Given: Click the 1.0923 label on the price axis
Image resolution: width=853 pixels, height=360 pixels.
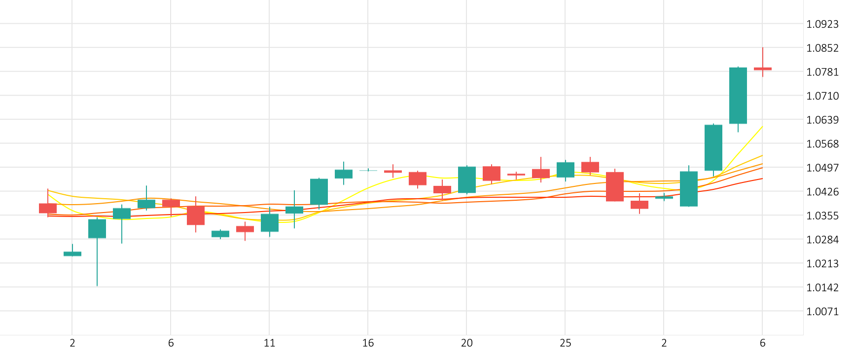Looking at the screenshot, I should pos(822,24).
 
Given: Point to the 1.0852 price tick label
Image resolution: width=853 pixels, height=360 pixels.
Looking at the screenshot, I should pos(822,48).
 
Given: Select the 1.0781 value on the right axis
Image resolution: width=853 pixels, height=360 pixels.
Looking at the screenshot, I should pos(822,72).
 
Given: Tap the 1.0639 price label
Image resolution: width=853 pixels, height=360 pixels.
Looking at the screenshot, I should pos(822,120).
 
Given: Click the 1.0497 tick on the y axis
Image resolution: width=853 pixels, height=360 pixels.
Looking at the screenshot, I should pos(822,168).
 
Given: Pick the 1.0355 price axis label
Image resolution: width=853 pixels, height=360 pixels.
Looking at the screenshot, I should pos(822,216).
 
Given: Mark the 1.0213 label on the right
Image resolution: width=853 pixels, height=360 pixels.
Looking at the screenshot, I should pos(822,263).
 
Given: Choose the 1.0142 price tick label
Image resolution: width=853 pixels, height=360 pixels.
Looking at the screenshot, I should pos(822,288).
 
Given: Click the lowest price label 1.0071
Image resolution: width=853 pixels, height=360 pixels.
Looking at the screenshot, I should pos(822,311).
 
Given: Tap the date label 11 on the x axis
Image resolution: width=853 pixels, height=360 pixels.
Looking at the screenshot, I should pos(269,343).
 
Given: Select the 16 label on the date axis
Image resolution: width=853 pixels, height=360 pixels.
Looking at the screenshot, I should pos(368,343).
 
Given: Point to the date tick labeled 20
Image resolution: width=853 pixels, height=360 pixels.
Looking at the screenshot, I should pos(466,343).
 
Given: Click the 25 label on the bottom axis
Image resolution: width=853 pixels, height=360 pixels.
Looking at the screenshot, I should pos(565,343).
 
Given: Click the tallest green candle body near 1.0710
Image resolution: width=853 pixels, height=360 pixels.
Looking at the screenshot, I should pos(738,95).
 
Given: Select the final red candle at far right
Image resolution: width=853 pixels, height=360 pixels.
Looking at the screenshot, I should pos(762,69).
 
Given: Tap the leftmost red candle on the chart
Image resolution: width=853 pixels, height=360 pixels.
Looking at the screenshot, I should pos(48,208).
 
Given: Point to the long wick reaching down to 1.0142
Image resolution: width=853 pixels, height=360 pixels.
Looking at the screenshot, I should pos(97,266).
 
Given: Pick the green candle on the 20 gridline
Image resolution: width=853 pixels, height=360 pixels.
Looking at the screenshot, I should pos(466,180).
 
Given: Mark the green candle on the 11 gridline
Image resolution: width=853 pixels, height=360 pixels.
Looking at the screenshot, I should pos(269,222).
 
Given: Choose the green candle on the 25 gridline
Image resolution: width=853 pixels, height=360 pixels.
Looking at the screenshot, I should pos(565,170).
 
